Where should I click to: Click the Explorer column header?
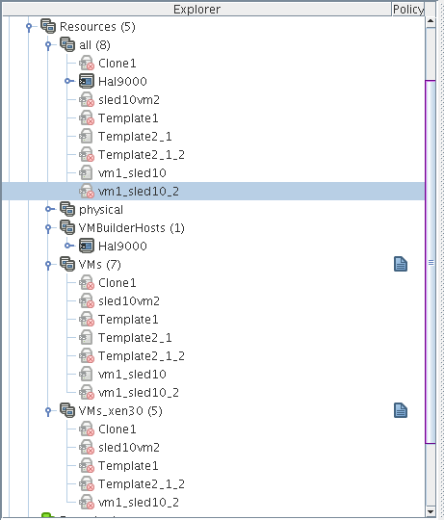(197, 10)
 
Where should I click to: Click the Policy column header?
(408, 10)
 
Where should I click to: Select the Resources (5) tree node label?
(97, 27)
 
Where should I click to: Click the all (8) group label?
(94, 45)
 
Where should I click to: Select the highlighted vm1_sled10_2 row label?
(139, 192)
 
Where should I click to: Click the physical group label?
(101, 210)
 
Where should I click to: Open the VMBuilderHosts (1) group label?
(131, 228)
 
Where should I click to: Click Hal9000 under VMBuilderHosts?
(122, 247)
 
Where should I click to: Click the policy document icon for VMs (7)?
(401, 264)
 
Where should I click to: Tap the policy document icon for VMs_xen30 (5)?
(401, 410)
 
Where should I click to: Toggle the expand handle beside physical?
(49, 209)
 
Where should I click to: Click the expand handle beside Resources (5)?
(29, 27)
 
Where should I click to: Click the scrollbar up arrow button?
(431, 22)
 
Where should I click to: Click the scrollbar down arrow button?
(431, 511)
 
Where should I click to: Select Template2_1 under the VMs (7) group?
(135, 338)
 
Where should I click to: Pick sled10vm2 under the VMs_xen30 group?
(129, 448)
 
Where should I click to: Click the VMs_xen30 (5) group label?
(120, 411)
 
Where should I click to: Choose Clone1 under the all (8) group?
(118, 63)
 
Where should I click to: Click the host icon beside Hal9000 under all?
(87, 81)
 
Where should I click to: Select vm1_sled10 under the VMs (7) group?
(132, 374)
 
